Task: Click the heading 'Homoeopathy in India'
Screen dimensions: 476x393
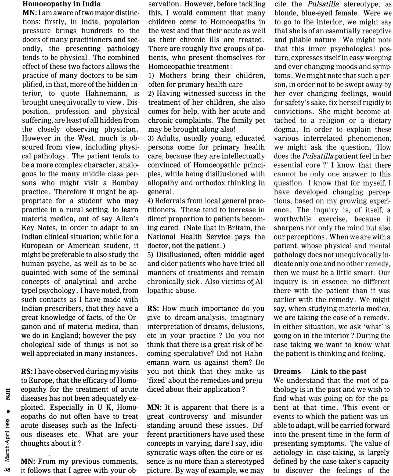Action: [62, 4]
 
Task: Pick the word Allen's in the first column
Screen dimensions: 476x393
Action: [125, 219]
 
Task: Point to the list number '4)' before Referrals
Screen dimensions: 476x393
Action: [150, 201]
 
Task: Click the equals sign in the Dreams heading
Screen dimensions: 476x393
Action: [306, 372]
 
